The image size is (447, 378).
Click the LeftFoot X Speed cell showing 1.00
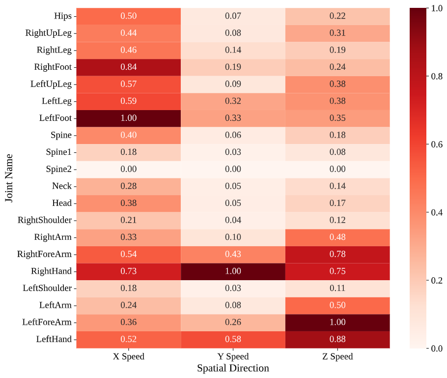coord(129,118)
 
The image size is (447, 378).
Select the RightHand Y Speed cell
coord(233,271)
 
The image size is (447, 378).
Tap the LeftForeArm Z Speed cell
coord(337,322)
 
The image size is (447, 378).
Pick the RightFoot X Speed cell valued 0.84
coord(129,67)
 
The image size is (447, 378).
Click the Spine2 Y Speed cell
coord(233,169)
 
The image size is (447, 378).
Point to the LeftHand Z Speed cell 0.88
coord(337,339)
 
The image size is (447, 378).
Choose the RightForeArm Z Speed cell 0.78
coord(337,254)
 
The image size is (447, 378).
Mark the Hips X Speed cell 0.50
coord(129,16)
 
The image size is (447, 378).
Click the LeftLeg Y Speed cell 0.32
coord(233,101)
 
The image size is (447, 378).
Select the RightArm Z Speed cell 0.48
coord(337,237)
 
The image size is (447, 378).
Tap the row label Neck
coord(62,186)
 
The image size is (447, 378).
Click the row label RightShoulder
coord(45,220)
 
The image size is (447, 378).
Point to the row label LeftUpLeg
coord(51,84)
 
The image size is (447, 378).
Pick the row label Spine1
coord(58,152)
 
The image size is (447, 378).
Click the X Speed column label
coord(129,357)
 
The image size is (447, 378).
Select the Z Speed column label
coord(337,357)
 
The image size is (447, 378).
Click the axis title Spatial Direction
coord(233,368)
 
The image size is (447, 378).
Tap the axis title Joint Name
coord(9,177)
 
